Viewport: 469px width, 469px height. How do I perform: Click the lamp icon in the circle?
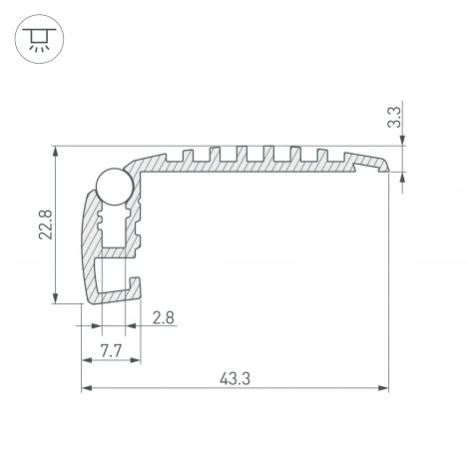37,39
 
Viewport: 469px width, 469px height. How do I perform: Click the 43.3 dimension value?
235,377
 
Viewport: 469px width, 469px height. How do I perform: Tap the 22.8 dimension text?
38,226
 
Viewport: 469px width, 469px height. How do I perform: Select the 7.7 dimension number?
110,349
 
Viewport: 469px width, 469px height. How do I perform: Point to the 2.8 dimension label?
166,318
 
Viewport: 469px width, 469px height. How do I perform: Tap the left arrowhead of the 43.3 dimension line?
86,388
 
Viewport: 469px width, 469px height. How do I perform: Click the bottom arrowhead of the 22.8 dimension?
55,298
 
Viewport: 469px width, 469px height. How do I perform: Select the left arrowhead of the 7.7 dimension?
86,360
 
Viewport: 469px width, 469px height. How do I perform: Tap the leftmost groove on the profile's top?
185,155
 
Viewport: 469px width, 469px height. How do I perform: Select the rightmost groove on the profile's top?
320,155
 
